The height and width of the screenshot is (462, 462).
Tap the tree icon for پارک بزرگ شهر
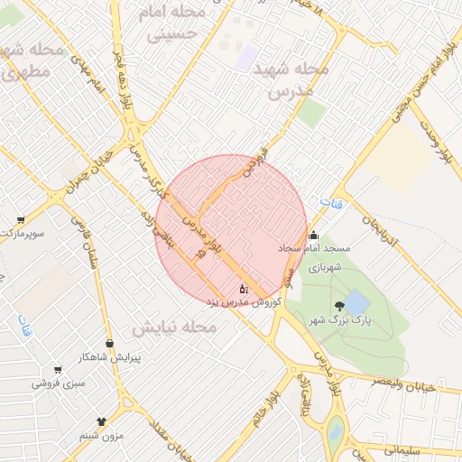pyautogui.click(x=339, y=306)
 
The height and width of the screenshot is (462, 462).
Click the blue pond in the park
pyautogui.click(x=356, y=301)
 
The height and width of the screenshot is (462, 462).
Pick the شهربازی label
pyautogui.click(x=327, y=267)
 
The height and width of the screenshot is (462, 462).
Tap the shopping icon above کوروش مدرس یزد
pyautogui.click(x=243, y=288)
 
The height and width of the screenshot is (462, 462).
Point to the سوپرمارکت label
pyautogui.click(x=23, y=234)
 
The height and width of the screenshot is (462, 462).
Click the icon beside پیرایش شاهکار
pyautogui.click(x=110, y=343)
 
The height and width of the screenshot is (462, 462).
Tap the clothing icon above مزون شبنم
pyautogui.click(x=101, y=420)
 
